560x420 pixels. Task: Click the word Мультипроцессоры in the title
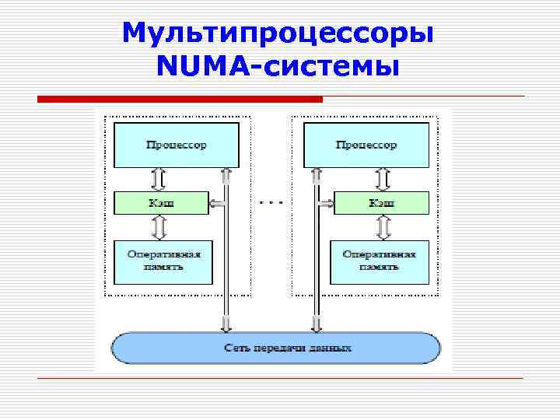coord(278,33)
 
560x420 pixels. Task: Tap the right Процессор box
coord(366,145)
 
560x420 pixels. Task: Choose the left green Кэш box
coord(161,203)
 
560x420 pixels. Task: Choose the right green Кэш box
coord(380,203)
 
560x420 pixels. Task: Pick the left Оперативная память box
coord(162,261)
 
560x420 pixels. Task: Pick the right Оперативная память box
coord(380,261)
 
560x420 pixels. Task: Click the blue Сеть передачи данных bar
coord(276,348)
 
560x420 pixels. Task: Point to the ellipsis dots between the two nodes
coord(271,202)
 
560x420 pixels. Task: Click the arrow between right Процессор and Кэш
coord(382,180)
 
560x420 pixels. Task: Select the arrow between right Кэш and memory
coord(382,227)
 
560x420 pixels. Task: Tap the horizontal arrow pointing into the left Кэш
coord(217,204)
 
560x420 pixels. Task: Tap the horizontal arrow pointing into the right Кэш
coord(325,204)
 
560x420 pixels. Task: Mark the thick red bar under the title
coord(180,100)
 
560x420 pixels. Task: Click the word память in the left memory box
coord(163,267)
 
